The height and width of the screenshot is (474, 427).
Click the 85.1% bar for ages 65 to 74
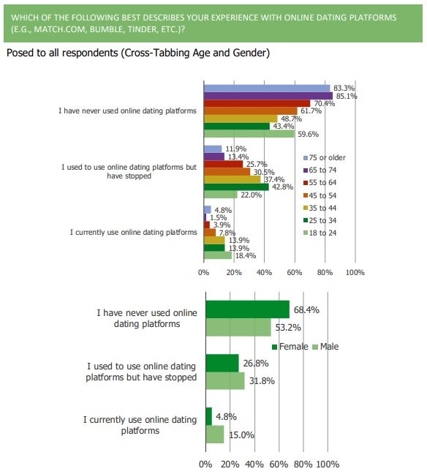coord(268,96)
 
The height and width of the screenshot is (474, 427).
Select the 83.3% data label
coord(344,89)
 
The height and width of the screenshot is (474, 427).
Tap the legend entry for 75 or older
coord(324,158)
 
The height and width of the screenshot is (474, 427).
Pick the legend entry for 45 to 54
coord(320,195)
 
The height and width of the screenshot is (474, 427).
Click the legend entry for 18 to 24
coord(320,233)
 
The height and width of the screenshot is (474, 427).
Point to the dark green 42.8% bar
coord(236,187)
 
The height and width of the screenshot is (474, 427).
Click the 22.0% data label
coord(251,195)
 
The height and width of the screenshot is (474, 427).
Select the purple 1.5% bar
coord(205,218)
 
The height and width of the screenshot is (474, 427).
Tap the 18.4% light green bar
coord(218,255)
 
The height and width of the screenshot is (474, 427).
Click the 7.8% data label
coord(227,233)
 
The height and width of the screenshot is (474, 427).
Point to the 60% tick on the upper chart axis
coord(295,272)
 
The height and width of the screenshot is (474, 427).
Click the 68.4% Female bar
coord(247,309)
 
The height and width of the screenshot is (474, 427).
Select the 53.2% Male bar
coord(238,327)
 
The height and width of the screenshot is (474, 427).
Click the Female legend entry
coord(290,347)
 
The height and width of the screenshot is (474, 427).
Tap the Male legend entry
coord(326,347)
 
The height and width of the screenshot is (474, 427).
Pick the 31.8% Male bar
coord(225,380)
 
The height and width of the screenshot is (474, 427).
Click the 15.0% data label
coord(241,435)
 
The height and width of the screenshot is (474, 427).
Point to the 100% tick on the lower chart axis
coord(328,464)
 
